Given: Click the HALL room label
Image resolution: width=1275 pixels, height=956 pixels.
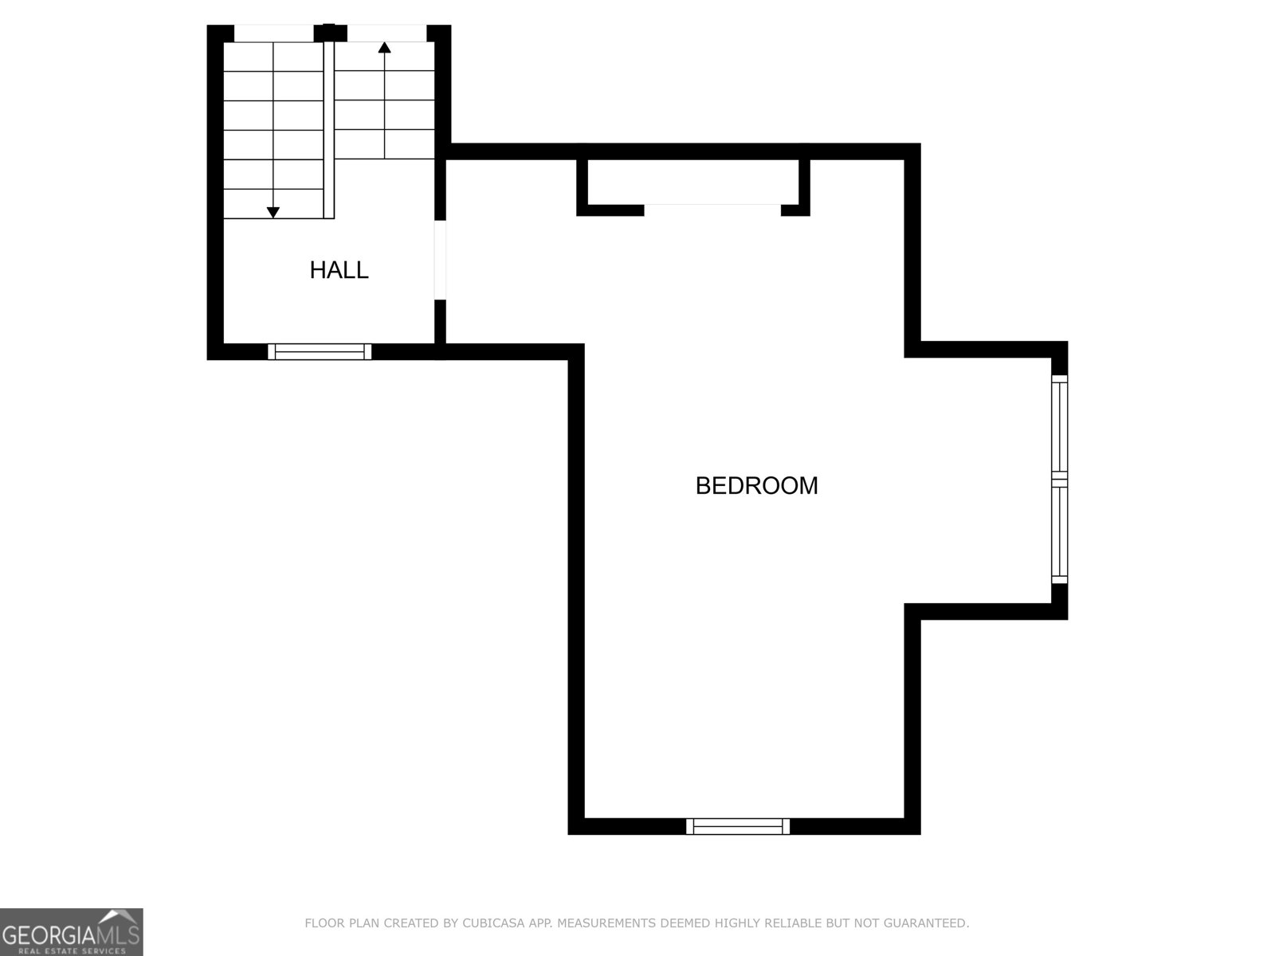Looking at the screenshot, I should pyautogui.click(x=339, y=270).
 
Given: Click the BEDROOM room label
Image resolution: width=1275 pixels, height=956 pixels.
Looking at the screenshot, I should pyautogui.click(x=756, y=486).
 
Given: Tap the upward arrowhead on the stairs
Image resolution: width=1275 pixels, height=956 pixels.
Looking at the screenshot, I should pyautogui.click(x=385, y=47).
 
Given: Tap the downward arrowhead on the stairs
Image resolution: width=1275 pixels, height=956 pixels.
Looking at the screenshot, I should pyautogui.click(x=273, y=212).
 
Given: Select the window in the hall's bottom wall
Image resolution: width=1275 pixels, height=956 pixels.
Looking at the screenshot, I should pyautogui.click(x=320, y=351).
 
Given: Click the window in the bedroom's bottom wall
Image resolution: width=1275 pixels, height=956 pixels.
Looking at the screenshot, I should pyautogui.click(x=738, y=826).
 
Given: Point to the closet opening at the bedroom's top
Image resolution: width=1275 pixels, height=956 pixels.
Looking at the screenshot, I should pyautogui.click(x=712, y=210).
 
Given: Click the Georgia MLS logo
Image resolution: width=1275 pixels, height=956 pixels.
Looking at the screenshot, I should pyautogui.click(x=71, y=932).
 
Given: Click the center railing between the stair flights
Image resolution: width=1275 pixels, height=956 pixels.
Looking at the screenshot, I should pyautogui.click(x=328, y=127).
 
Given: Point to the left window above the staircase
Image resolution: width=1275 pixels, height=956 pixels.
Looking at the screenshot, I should pyautogui.click(x=274, y=33).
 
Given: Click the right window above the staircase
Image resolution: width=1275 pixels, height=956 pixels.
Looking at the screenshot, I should pyautogui.click(x=387, y=33).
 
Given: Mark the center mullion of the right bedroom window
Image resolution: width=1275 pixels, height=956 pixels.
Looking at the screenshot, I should pyautogui.click(x=1059, y=479).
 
